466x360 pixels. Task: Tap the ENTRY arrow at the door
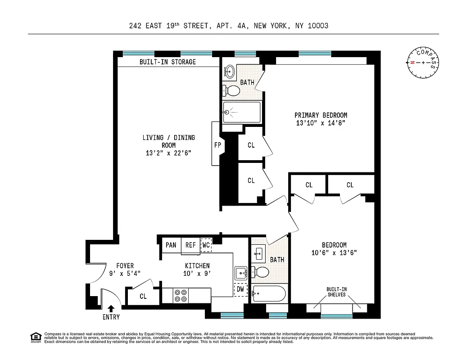(x=111, y=308)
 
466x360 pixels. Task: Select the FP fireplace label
(x=217, y=145)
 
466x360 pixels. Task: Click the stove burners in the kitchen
(x=181, y=295)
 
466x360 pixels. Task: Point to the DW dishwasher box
(x=240, y=289)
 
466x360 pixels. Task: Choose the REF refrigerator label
(x=190, y=245)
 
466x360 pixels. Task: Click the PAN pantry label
(x=171, y=245)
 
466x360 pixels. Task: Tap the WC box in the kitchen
(x=206, y=245)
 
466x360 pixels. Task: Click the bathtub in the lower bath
(x=269, y=294)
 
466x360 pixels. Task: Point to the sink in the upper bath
(x=230, y=71)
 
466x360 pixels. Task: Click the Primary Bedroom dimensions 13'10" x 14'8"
(x=321, y=123)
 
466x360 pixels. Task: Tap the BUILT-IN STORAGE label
(x=167, y=62)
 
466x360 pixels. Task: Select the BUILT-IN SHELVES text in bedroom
(x=336, y=292)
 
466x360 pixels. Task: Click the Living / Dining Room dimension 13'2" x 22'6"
(x=168, y=153)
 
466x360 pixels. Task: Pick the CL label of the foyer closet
(x=143, y=297)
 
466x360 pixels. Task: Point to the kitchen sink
(x=241, y=272)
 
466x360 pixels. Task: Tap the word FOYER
(x=125, y=266)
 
